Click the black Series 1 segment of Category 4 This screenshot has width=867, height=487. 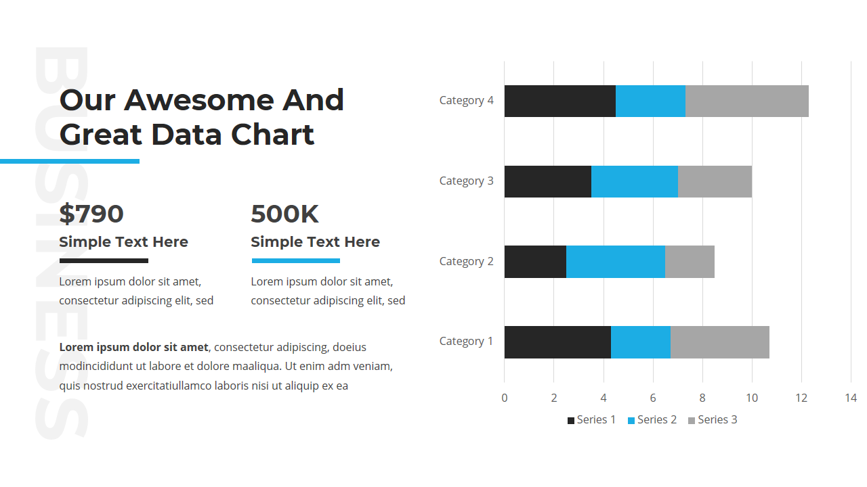(559, 101)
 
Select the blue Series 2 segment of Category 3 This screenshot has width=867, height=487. (634, 181)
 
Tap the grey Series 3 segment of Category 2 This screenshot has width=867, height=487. (690, 262)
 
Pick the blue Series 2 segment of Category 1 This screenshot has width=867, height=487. (640, 342)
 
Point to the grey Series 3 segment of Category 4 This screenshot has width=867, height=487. (746, 101)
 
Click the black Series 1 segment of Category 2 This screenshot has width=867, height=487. (535, 262)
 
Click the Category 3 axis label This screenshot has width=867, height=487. (466, 181)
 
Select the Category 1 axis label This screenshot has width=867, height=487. (466, 341)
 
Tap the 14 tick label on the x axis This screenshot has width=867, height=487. (851, 398)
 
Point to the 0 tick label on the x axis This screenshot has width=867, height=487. (504, 398)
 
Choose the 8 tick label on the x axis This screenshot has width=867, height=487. (702, 398)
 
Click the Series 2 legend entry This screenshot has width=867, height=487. (656, 420)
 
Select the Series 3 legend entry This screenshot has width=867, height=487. (717, 420)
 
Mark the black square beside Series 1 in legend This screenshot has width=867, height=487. (571, 421)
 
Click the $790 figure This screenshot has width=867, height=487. (91, 214)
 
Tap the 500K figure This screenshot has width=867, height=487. (284, 214)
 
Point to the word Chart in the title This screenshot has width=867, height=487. (272, 134)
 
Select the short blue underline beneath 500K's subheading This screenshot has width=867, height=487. (295, 260)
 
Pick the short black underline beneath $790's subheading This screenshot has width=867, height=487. (104, 260)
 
